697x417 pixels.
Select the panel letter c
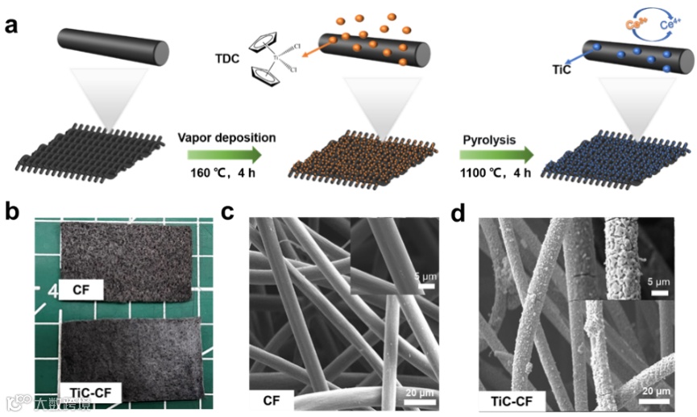(228, 212)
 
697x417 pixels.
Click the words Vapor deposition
(226, 138)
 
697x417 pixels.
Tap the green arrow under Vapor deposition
(223, 156)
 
